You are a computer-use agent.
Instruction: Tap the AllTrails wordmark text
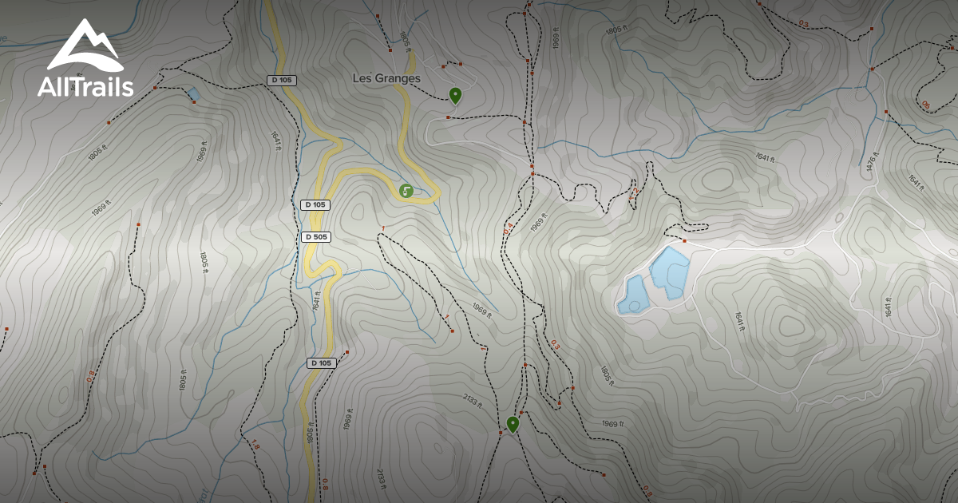click(x=85, y=87)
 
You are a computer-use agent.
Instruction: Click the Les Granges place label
click(x=386, y=78)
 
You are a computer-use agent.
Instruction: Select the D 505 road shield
click(x=316, y=237)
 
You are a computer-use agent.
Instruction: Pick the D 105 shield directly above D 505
click(x=315, y=205)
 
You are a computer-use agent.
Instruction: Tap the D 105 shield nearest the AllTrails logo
click(x=281, y=80)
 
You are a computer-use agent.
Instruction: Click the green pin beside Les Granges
click(x=455, y=96)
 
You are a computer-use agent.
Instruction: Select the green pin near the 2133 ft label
click(x=513, y=424)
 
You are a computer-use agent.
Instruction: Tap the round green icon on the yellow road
click(x=406, y=190)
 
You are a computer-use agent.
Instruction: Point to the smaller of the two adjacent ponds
click(x=633, y=295)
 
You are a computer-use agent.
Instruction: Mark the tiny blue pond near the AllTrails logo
click(x=194, y=94)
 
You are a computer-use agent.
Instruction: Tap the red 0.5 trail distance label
click(x=925, y=105)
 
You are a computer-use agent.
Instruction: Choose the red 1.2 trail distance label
click(x=633, y=193)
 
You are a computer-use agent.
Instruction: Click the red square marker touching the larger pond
click(x=685, y=240)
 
